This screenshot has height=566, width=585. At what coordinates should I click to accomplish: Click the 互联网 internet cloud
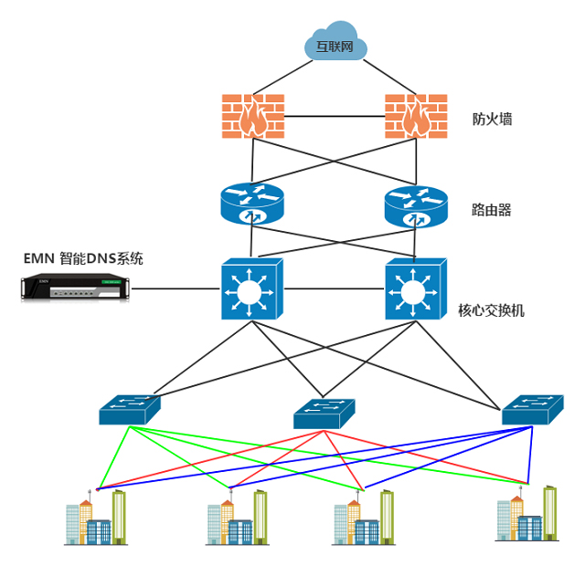tap(335, 43)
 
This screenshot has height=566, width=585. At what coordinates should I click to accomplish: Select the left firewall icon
tap(253, 116)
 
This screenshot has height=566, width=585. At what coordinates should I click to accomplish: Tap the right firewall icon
tap(417, 116)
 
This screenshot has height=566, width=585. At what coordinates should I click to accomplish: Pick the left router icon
tap(253, 204)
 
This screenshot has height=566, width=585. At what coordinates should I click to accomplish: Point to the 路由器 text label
tap(492, 210)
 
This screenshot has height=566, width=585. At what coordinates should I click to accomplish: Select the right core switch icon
tap(417, 289)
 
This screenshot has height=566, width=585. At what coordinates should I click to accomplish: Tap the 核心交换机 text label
tap(491, 311)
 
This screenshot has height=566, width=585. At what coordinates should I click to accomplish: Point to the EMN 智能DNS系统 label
tap(83, 258)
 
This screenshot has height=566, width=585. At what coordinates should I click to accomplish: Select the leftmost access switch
tap(130, 410)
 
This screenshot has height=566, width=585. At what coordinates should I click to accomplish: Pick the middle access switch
tap(324, 414)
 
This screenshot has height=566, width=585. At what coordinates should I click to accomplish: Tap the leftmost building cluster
tap(95, 519)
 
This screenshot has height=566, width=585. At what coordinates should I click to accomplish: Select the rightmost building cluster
tap(525, 515)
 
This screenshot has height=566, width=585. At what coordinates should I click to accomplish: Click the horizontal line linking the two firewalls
tap(335, 117)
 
